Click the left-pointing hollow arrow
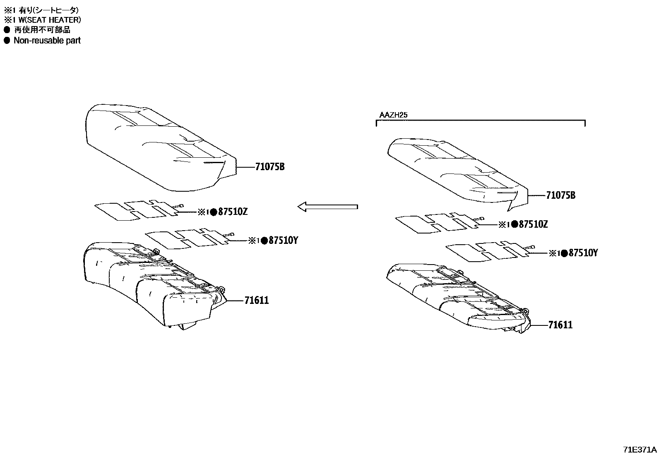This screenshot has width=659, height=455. [327, 207]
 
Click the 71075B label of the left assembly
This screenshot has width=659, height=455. [270, 167]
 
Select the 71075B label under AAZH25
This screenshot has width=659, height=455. [560, 195]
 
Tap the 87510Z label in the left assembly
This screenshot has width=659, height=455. [233, 212]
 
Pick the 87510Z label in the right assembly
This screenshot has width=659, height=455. [533, 224]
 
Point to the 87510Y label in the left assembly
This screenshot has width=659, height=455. [283, 240]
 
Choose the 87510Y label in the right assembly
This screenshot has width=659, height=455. [583, 253]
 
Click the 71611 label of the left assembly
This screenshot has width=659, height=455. [256, 300]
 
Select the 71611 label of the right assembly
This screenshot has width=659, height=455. [560, 325]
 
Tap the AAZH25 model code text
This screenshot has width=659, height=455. [393, 115]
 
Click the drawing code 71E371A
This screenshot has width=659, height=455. [640, 450]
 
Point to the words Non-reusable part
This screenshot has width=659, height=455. [47, 41]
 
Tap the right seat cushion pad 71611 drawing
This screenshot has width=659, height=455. [455, 296]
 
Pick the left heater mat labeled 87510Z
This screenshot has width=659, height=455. [132, 210]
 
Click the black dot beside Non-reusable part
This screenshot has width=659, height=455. [7, 41]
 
